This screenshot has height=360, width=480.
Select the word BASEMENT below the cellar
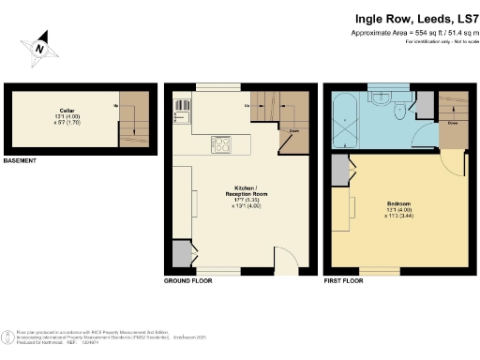tap(21, 161)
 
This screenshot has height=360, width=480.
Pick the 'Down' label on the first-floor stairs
tap(453, 123)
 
